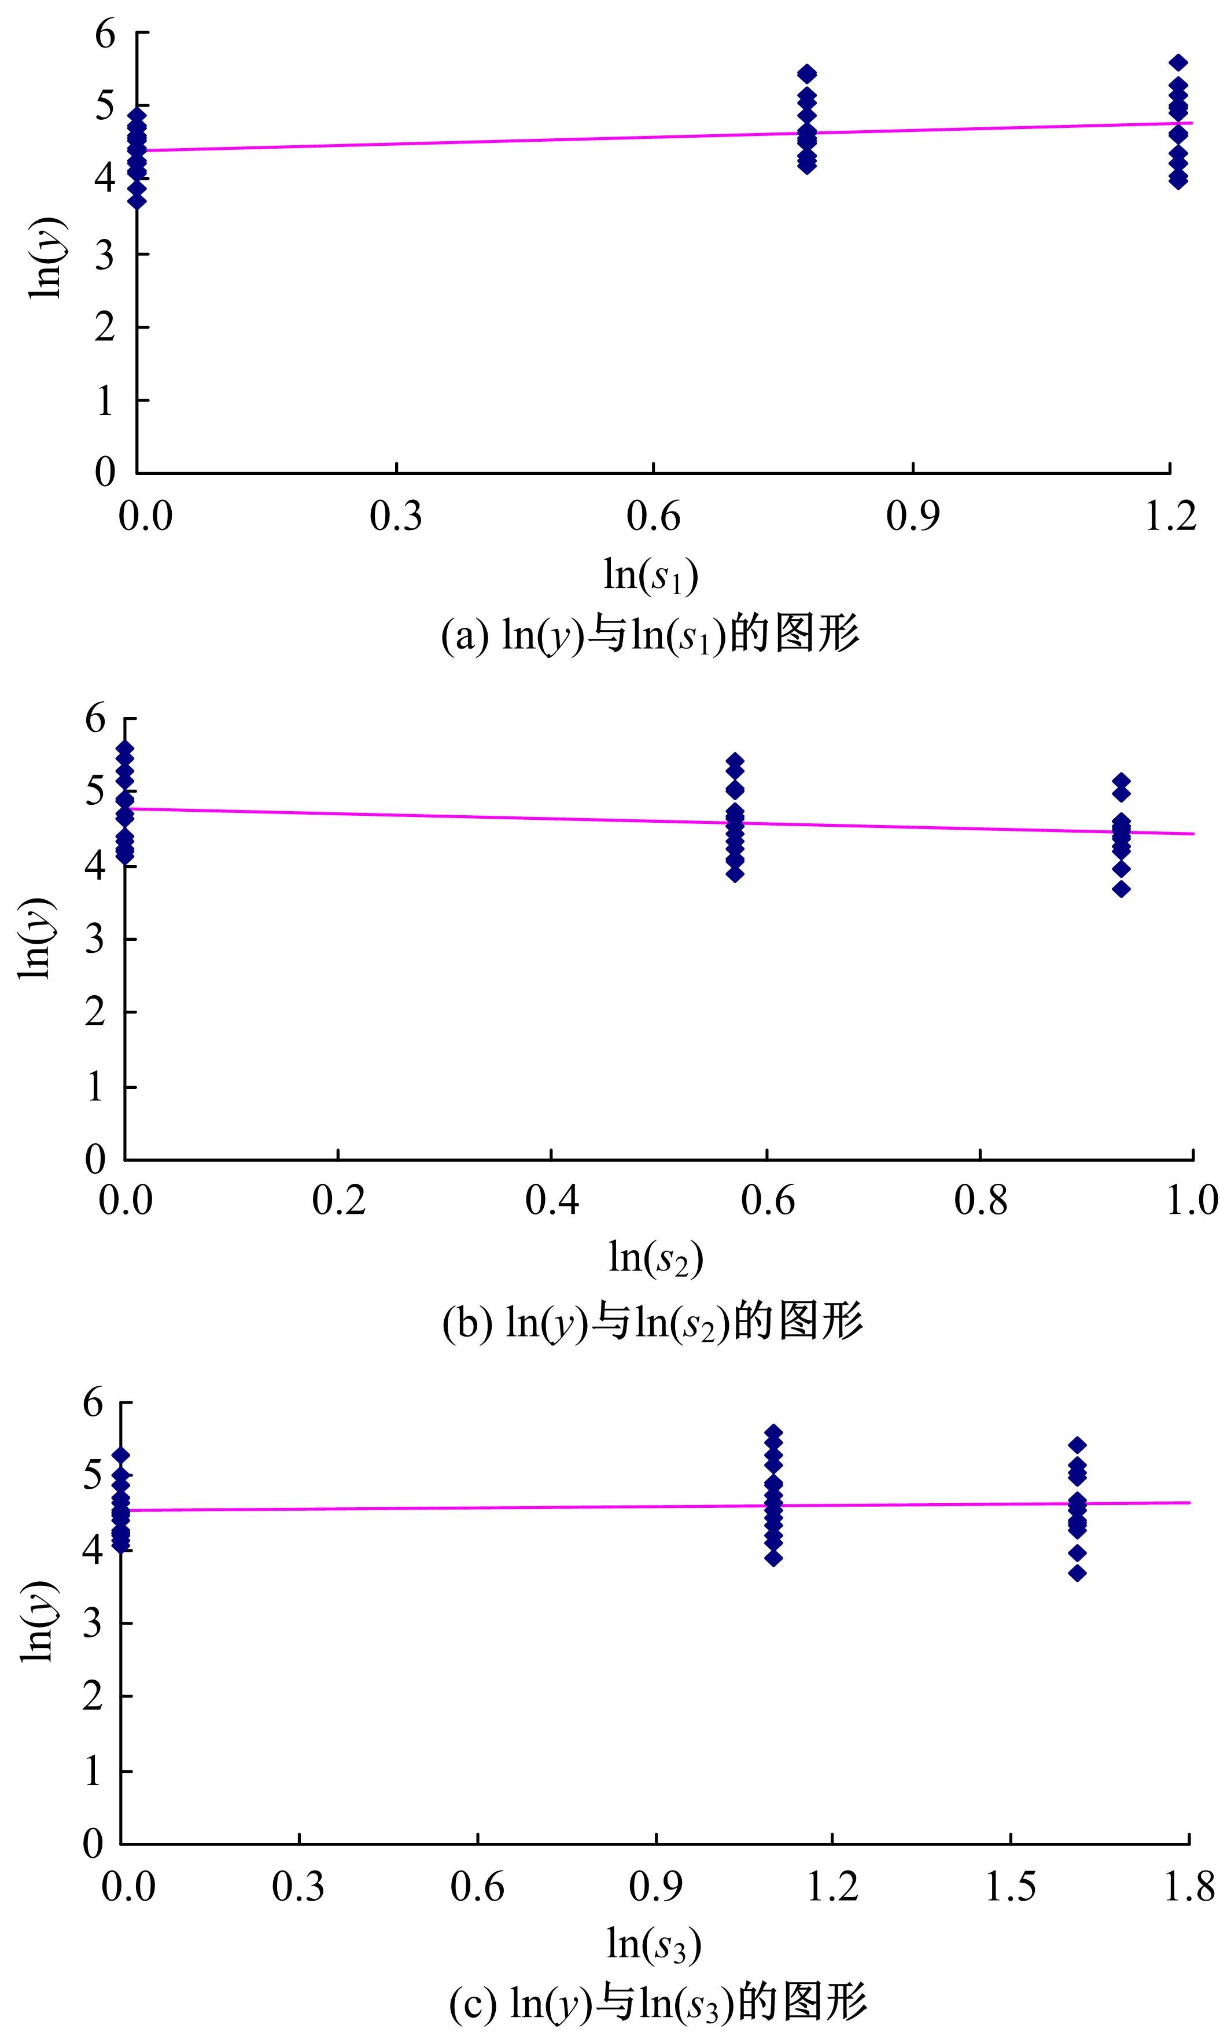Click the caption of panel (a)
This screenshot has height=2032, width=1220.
(x=650, y=635)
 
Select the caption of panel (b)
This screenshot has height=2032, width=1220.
(x=653, y=1321)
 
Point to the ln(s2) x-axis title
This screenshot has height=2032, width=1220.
(x=655, y=1258)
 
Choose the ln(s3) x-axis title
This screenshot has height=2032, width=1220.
(x=654, y=1944)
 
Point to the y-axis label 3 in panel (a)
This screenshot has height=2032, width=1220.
(x=104, y=255)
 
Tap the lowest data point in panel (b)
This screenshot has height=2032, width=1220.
(x=1121, y=889)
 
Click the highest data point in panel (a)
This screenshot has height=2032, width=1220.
(x=1178, y=62)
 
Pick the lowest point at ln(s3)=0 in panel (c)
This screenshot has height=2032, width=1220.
(x=121, y=1545)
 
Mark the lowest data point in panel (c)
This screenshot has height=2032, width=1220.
(x=1078, y=1573)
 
